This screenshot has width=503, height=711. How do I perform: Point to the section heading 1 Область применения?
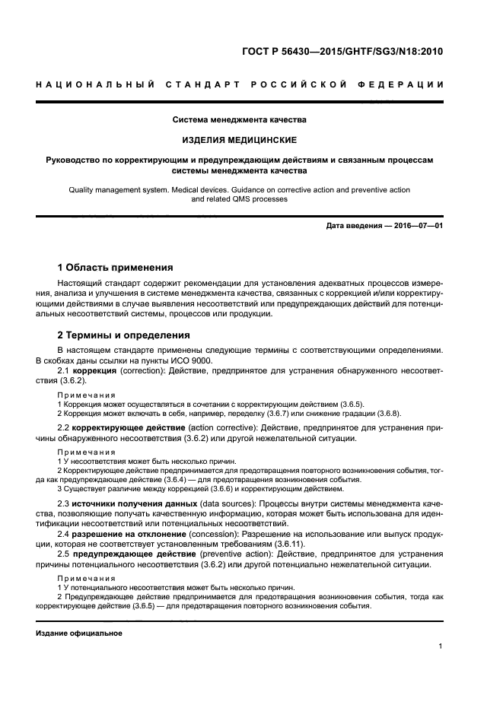click(116, 268)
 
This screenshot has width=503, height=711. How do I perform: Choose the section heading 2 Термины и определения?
click(124, 335)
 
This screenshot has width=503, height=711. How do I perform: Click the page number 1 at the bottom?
click(441, 646)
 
